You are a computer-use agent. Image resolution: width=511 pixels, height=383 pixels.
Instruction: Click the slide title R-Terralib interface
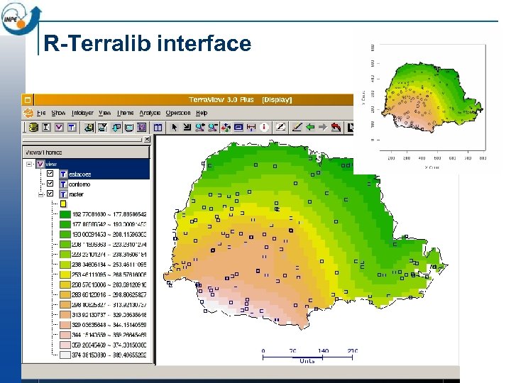(148, 44)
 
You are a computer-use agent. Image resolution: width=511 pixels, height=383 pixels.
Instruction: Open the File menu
(41, 113)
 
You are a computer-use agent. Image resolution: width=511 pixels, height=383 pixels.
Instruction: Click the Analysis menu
(150, 113)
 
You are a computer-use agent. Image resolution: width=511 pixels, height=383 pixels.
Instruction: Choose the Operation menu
(178, 113)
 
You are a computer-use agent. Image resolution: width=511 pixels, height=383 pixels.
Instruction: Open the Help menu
(202, 113)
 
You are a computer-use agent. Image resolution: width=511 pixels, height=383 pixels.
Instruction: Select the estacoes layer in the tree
(80, 174)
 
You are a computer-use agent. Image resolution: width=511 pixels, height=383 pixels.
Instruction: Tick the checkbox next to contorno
(50, 184)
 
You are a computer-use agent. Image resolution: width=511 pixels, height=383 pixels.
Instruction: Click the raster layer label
(76, 194)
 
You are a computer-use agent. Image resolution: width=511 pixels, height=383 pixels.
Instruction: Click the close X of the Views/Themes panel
(147, 140)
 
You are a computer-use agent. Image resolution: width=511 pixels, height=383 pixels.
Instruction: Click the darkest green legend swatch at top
(64, 214)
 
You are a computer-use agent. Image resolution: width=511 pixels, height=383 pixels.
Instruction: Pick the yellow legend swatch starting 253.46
(64, 274)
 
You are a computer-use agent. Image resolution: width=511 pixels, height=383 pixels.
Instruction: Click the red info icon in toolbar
(264, 127)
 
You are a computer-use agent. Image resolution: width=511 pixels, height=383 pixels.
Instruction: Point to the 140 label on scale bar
(323, 350)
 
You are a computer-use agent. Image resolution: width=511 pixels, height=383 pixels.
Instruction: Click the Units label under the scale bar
(307, 360)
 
